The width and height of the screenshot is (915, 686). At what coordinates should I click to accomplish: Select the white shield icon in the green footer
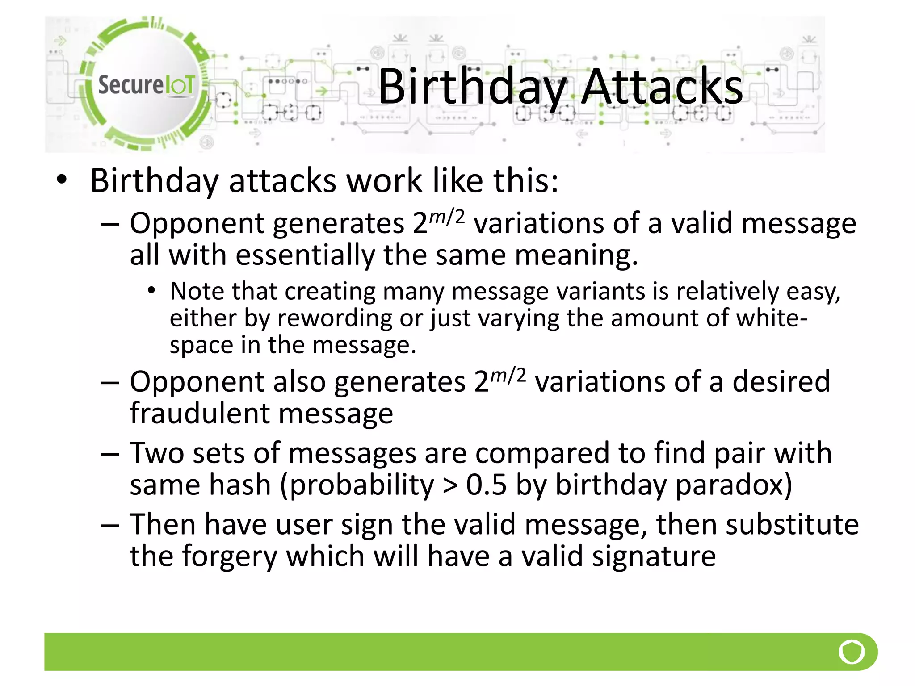[852, 652]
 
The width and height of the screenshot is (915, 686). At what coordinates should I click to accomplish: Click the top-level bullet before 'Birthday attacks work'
[62, 180]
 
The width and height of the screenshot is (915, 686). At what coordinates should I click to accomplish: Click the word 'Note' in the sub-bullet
[197, 291]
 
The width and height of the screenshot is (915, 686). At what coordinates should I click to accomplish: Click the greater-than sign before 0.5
[450, 485]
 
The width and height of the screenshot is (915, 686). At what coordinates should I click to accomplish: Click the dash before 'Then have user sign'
[110, 525]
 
